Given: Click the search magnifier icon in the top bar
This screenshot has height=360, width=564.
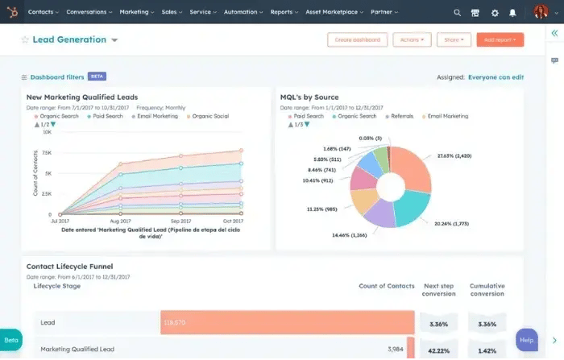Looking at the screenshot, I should click(x=458, y=13).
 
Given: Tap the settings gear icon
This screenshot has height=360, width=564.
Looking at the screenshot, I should click(x=495, y=13).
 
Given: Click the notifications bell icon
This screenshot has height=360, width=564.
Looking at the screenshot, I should click(x=512, y=13).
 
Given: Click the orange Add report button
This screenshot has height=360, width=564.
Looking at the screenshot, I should click(x=500, y=39).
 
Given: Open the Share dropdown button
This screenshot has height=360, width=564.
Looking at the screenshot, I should click(x=454, y=39).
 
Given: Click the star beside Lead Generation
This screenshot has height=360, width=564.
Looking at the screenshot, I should click(x=25, y=40).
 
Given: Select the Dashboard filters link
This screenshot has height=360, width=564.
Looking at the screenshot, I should click(x=56, y=77).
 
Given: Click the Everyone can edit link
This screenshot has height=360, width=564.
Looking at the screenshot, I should click(x=496, y=77).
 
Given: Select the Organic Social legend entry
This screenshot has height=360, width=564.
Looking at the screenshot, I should click(x=210, y=116).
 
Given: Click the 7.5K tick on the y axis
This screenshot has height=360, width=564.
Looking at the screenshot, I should click(x=46, y=152).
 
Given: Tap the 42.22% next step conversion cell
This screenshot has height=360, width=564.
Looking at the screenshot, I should click(x=438, y=349).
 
